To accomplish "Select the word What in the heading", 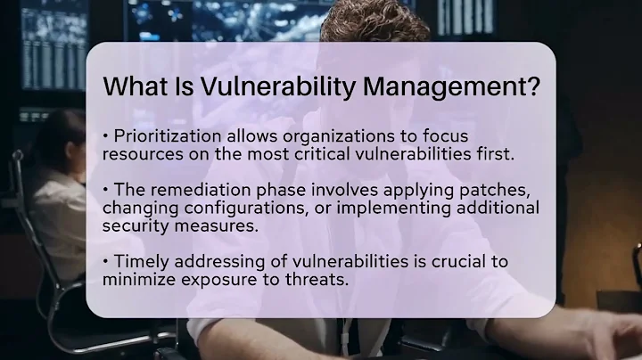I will point(131,88).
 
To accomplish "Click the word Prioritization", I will point(160,135).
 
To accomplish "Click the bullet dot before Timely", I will point(106,262).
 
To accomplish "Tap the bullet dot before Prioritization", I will point(106,135).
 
